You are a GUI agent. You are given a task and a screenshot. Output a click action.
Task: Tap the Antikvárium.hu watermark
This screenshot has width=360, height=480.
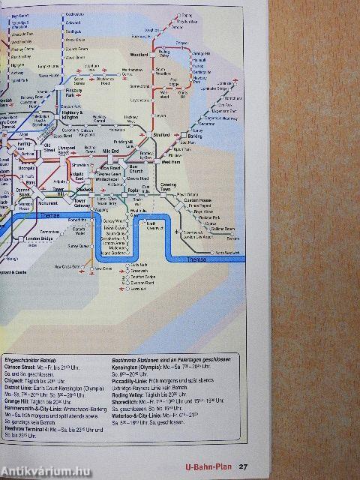pyautogui.click(x=37, y=470)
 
